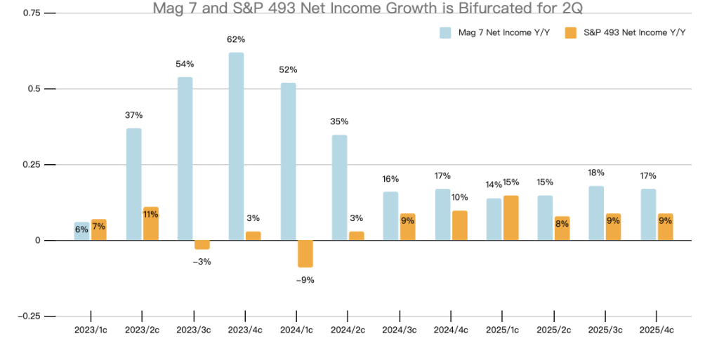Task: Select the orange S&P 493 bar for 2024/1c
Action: point(305,253)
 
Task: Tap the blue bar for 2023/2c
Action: point(133,184)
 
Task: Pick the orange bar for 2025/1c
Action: point(510,218)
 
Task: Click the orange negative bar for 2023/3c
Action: point(202,245)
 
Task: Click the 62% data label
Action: point(236,39)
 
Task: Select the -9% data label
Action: point(305,280)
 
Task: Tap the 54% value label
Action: point(185,64)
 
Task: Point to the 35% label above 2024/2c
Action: point(339,121)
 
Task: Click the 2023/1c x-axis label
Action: point(91,329)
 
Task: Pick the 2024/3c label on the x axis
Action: point(399,329)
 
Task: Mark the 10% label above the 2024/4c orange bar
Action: point(459,197)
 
